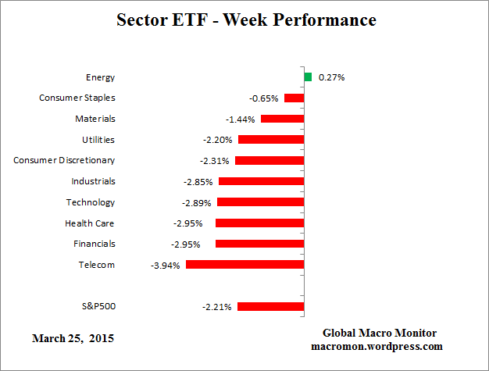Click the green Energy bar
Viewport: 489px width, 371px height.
click(308, 77)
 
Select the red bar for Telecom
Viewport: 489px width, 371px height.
click(244, 265)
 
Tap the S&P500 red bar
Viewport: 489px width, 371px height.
click(270, 306)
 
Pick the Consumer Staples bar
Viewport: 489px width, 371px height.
click(294, 98)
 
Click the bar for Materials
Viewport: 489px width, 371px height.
click(282, 119)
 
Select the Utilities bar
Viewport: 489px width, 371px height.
click(271, 139)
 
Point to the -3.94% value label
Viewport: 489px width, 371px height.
click(166, 265)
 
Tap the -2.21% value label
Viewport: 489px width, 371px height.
click(217, 306)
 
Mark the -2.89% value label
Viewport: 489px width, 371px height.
click(197, 202)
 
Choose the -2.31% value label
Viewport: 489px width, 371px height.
click(214, 160)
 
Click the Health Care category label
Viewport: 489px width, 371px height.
click(90, 223)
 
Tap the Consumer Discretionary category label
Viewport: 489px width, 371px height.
click(64, 160)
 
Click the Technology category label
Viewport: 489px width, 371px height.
click(90, 202)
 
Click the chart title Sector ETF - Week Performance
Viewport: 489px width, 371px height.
click(244, 20)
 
